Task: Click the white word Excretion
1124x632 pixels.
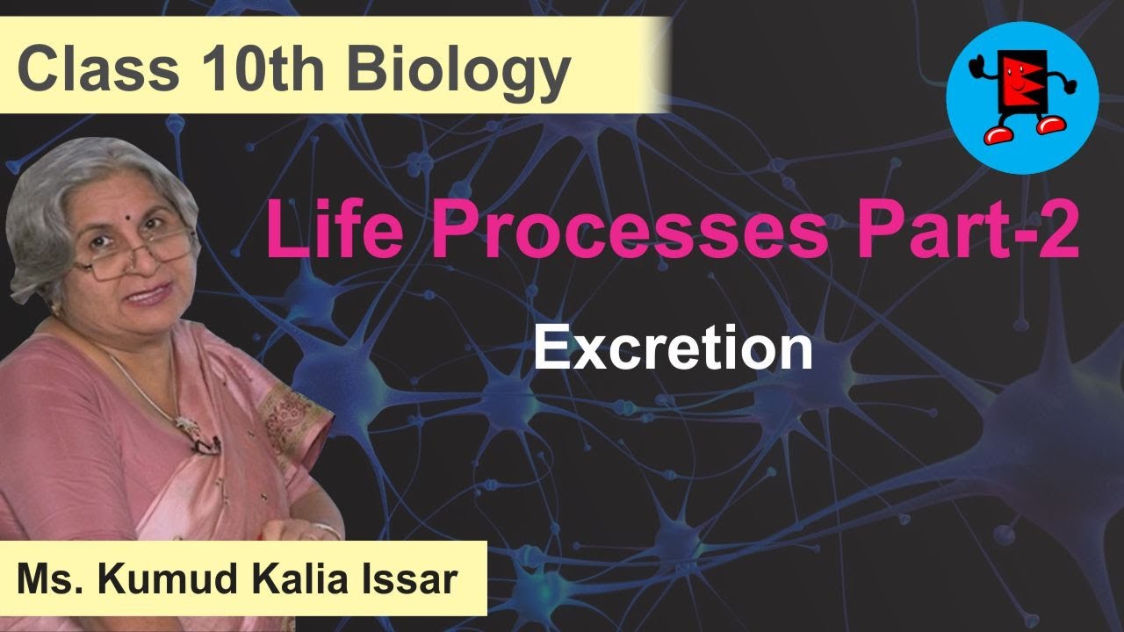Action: coord(673,348)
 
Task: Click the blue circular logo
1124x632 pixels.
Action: coord(1022,97)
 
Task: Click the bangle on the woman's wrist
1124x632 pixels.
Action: coord(326,530)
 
